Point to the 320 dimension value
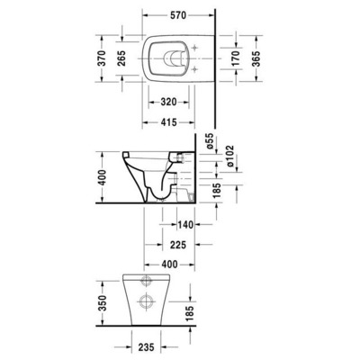pos(168,101)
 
